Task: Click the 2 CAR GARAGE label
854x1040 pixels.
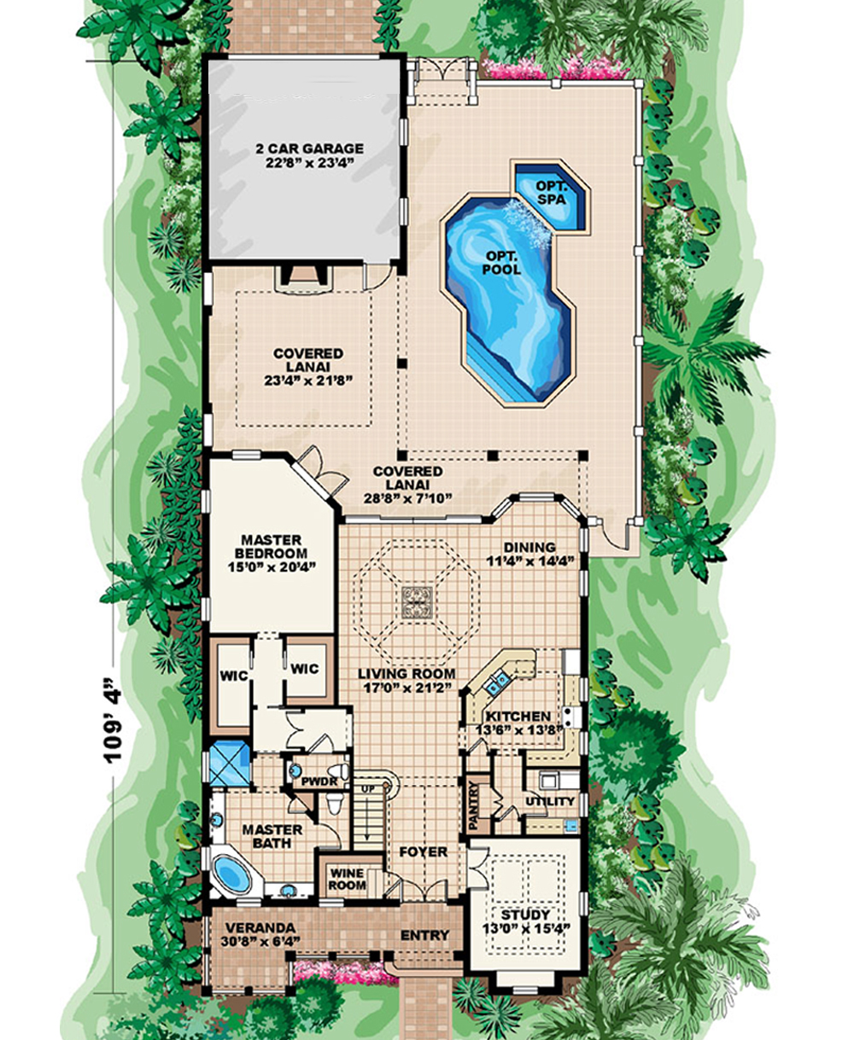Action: (308, 148)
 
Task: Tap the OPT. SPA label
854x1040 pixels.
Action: (552, 191)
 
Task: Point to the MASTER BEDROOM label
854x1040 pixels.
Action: (271, 548)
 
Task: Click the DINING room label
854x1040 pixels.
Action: (529, 547)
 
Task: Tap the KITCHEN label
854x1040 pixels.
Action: (518, 716)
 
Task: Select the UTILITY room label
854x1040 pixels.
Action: (550, 802)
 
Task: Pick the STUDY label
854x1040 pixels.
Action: (526, 914)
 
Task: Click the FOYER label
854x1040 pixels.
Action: (423, 851)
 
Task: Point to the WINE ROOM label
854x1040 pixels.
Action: (347, 878)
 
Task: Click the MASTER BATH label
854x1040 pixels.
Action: (272, 836)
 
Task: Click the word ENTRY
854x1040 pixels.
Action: (424, 936)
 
